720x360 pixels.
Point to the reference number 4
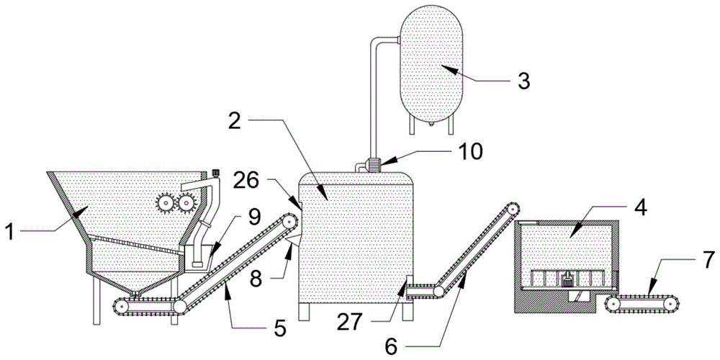coord(637,207)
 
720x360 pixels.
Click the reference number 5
coord(279,329)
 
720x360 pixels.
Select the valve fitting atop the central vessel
coord(373,163)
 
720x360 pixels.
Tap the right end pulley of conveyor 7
coord(670,305)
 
